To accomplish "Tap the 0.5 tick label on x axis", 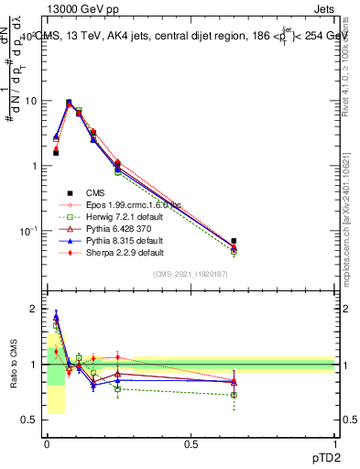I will [191, 443].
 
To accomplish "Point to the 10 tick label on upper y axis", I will [30, 101].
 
